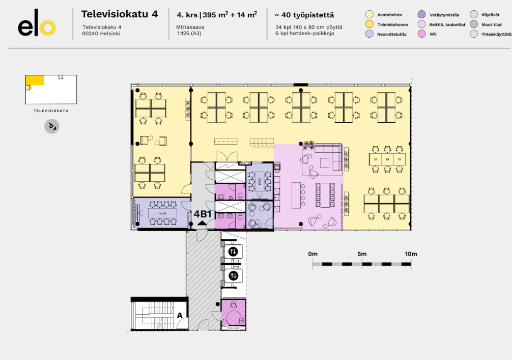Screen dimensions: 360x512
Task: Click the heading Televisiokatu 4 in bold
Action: (120, 14)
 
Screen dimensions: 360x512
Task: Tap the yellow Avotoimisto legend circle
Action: (370, 15)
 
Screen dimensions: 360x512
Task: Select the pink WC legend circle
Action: (421, 34)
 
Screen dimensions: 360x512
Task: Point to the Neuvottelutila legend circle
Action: (370, 34)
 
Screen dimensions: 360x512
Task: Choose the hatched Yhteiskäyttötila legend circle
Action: (473, 34)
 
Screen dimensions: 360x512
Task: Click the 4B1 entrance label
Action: (203, 214)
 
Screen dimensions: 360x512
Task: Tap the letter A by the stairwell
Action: (179, 315)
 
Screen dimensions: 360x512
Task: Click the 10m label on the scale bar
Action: (411, 254)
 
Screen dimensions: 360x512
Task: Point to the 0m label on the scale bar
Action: (312, 254)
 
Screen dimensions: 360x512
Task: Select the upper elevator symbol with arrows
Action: (233, 251)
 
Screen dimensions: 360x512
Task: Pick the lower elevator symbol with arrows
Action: (233, 276)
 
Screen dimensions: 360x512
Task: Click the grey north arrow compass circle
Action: (51, 126)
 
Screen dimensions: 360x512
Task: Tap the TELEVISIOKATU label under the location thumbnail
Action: (51, 110)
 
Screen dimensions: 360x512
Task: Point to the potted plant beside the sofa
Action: (307, 146)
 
